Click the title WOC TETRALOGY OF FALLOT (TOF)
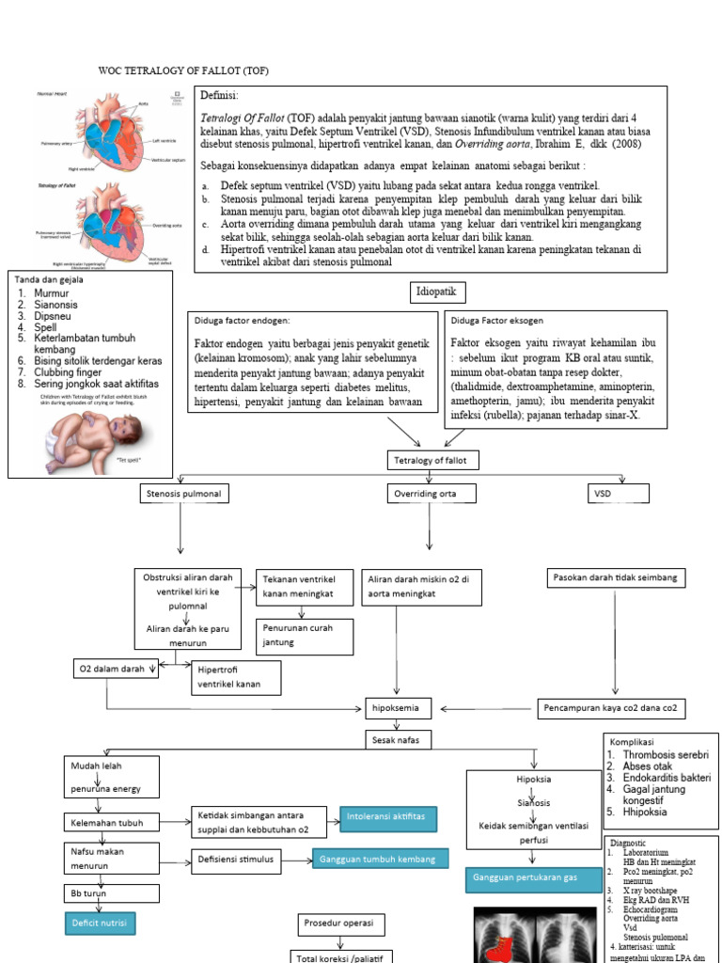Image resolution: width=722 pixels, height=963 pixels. click(183, 71)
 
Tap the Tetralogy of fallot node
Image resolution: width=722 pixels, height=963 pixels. click(432, 460)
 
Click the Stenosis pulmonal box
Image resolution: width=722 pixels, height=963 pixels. click(184, 493)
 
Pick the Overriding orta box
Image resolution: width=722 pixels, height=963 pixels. click(432, 493)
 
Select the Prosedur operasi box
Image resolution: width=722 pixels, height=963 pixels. click(342, 924)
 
